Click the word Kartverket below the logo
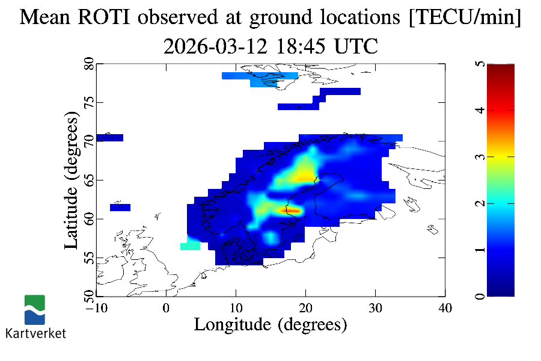35,333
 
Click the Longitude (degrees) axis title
270,324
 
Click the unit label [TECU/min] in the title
464,17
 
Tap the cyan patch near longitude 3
190,246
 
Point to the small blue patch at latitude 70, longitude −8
109,138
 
